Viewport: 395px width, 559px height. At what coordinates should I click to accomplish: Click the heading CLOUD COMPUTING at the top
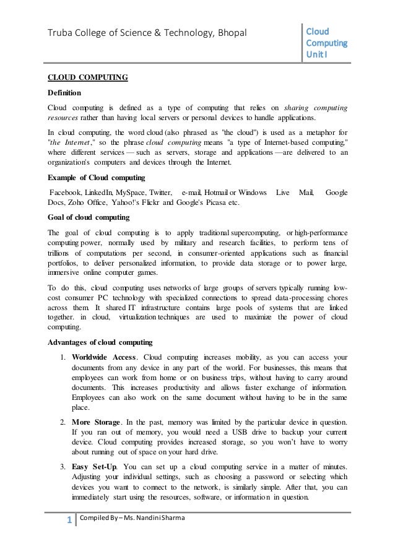click(88, 78)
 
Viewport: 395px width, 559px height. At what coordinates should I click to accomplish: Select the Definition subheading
click(64, 93)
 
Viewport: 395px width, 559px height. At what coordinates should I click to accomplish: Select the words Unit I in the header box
click(319, 55)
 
